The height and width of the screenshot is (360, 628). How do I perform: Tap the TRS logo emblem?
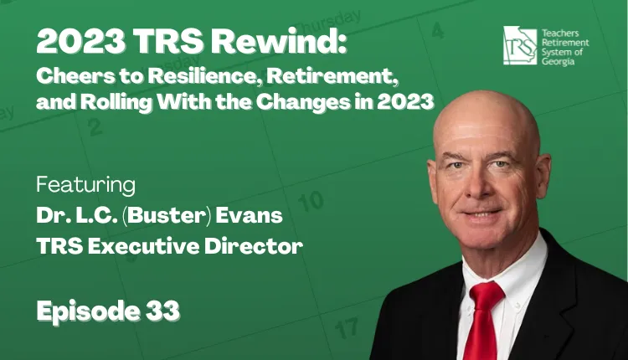520,45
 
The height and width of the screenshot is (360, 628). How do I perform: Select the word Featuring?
85,185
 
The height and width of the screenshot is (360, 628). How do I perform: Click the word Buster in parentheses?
167,215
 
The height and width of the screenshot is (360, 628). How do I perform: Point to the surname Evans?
250,215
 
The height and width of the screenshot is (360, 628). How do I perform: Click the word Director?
254,246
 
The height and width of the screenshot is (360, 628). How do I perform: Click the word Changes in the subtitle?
303,102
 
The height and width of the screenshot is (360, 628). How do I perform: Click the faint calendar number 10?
311,201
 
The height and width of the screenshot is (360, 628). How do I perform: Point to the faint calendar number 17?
346,328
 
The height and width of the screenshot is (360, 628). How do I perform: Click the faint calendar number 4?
438,30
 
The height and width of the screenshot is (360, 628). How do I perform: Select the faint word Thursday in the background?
327,23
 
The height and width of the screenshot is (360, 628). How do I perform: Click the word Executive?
144,246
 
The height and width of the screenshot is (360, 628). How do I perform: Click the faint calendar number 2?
95,127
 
